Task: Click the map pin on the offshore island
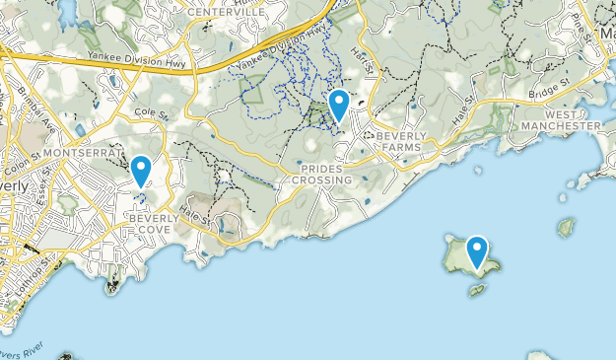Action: (478, 252)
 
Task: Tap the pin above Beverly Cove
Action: (141, 171)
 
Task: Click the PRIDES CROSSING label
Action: (321, 175)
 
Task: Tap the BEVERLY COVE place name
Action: (148, 222)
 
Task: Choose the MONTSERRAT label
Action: (82, 155)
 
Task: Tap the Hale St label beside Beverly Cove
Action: (195, 220)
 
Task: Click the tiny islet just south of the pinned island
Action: (477, 291)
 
